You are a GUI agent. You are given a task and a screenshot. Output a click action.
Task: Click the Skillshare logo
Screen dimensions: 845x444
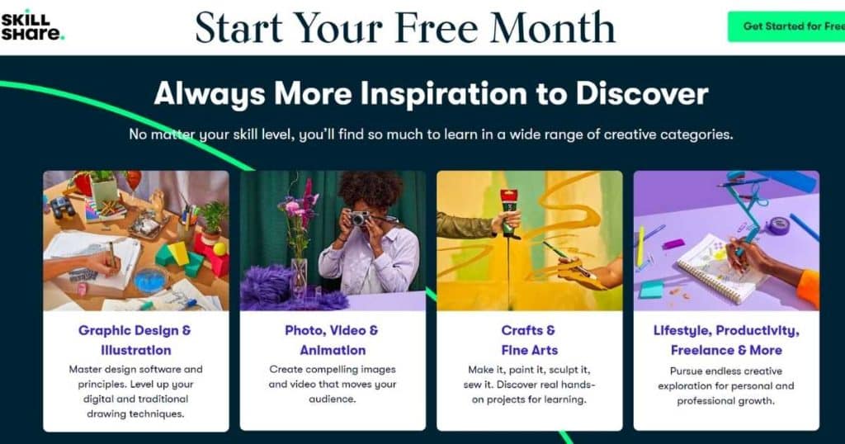[x=32, y=26]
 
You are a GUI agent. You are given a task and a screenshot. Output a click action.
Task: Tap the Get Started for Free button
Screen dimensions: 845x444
[x=786, y=26]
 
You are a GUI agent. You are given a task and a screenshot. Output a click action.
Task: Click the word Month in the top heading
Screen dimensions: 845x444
[x=552, y=27]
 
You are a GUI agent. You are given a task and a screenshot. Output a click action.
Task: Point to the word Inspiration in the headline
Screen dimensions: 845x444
[x=443, y=93]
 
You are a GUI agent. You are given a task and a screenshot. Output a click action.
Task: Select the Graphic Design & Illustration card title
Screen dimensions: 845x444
[x=135, y=340]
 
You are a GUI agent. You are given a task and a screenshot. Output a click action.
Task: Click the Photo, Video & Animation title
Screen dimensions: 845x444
[x=332, y=340]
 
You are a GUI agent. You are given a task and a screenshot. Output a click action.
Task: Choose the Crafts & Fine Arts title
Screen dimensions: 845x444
[x=529, y=340]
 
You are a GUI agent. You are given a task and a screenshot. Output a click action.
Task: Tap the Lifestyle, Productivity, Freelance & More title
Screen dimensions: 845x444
[x=726, y=340]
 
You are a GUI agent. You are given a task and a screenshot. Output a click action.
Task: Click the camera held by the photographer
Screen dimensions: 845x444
[x=360, y=218]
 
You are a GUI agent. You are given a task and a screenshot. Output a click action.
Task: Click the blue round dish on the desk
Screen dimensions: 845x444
[x=150, y=280]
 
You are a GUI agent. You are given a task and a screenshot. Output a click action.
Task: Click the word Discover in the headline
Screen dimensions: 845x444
[x=642, y=93]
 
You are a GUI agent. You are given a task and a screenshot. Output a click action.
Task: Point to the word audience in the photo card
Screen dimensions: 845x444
[x=332, y=399]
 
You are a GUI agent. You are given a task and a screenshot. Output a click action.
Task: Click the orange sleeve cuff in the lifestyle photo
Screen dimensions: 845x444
[x=809, y=289]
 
